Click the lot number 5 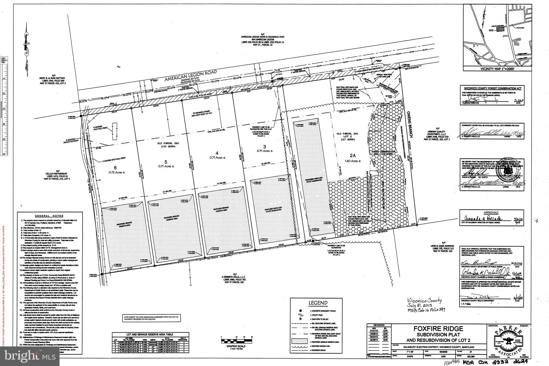click(x=166, y=162)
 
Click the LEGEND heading click(x=318, y=303)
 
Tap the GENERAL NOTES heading click(x=49, y=216)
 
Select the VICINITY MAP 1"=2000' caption click(x=494, y=69)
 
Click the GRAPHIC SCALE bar click(x=237, y=341)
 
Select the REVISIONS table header click(x=379, y=325)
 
